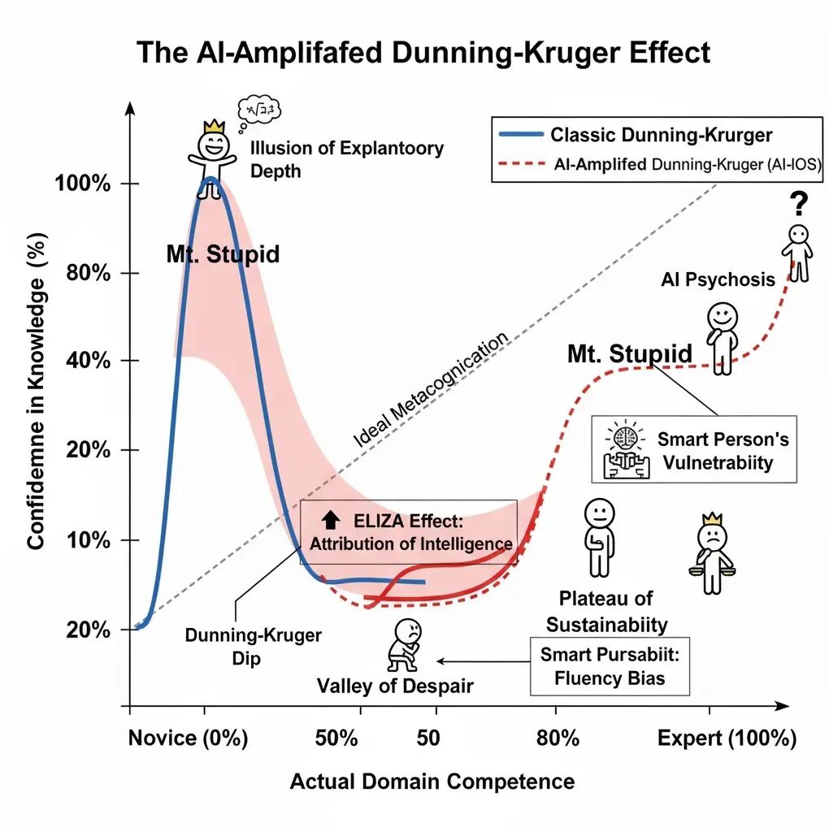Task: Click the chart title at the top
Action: [x=423, y=53]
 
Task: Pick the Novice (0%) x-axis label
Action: [x=188, y=738]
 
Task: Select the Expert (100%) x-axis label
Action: [x=727, y=738]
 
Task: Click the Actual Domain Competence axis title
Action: [x=432, y=782]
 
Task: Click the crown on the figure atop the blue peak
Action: [x=214, y=126]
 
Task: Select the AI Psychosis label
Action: [x=718, y=280]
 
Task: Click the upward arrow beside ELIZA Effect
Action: [x=330, y=520]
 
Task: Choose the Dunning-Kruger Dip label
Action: [x=241, y=646]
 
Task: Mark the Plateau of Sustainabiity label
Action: [x=606, y=612]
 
